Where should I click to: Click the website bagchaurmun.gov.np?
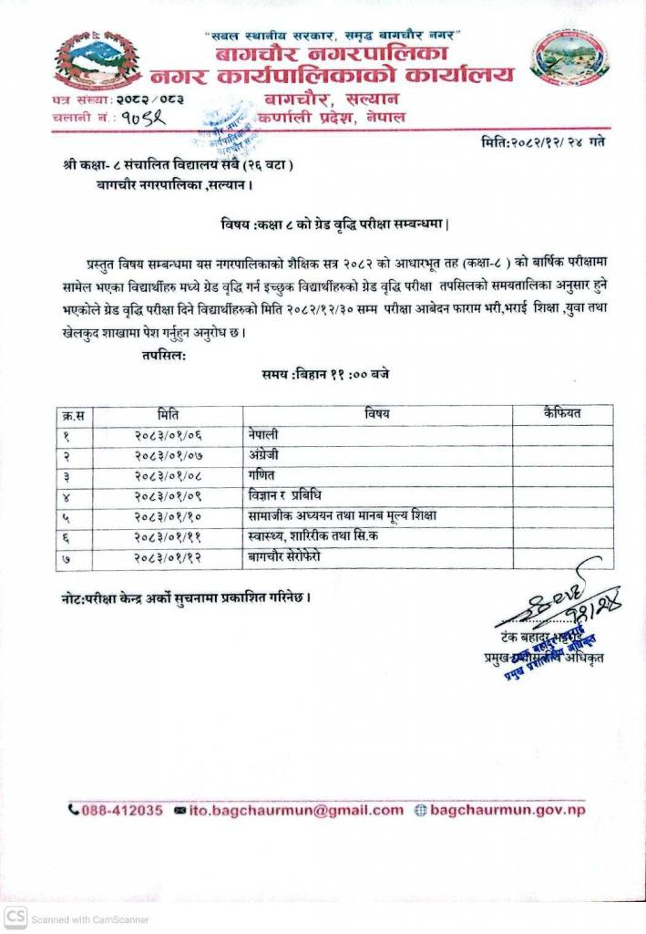click(507, 810)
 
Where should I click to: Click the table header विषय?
click(377, 414)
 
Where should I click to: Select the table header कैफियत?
click(561, 414)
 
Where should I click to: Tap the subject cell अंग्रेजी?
click(265, 454)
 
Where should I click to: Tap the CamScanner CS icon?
click(15, 918)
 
